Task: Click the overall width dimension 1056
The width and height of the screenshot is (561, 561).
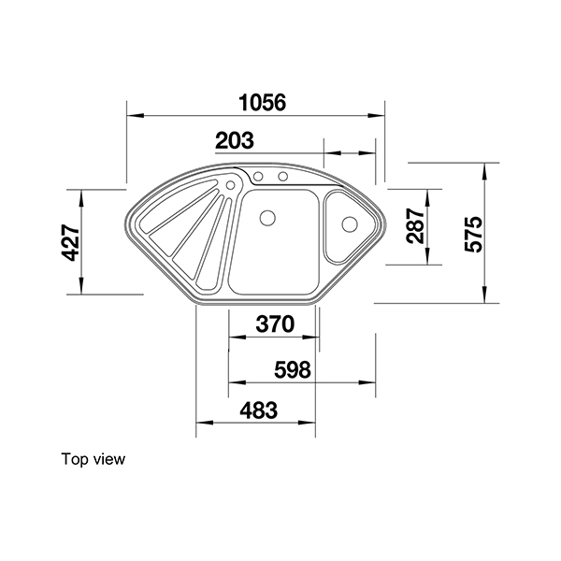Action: click(x=257, y=102)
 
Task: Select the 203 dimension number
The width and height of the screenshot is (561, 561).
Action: click(x=235, y=140)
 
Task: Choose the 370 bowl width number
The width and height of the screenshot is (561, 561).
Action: click(x=275, y=324)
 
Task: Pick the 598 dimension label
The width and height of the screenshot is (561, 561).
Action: click(x=292, y=369)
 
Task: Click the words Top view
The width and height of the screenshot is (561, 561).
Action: click(x=93, y=459)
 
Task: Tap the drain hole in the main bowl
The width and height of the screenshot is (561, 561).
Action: click(x=266, y=219)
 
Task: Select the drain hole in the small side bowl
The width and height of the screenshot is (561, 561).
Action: click(x=349, y=224)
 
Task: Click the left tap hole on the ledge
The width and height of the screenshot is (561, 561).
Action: click(x=259, y=177)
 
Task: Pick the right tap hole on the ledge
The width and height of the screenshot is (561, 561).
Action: click(x=279, y=177)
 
